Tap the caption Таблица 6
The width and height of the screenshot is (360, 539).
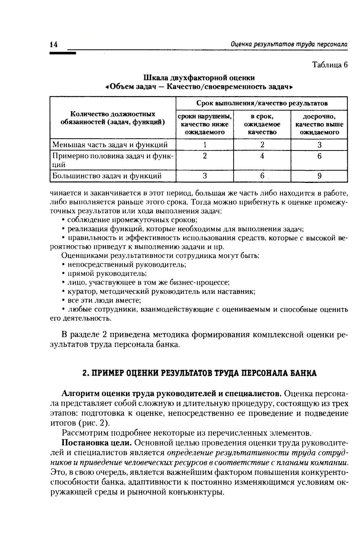point(330,65)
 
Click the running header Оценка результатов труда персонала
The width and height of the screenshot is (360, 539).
point(289,44)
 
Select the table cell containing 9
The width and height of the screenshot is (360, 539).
point(319,176)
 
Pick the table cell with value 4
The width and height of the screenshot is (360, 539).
point(262,156)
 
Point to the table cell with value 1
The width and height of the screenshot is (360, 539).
point(205,145)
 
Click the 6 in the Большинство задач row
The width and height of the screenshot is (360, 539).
point(262,176)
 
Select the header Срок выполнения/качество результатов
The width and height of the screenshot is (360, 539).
point(262,103)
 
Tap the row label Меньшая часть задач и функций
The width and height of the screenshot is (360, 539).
point(110,145)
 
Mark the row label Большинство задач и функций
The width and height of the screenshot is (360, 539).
point(107,176)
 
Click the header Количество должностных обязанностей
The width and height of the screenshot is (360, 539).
point(113,118)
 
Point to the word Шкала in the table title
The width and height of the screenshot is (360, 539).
point(155,78)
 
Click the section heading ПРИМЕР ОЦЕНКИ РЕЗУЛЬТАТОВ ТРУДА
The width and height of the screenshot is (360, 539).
point(199,373)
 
